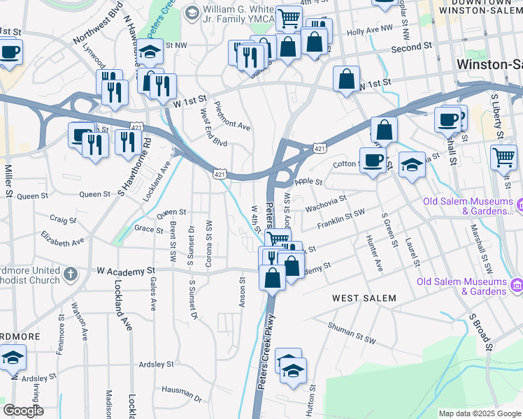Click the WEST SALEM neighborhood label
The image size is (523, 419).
tap(364, 298)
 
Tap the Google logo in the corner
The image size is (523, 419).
tap(23, 411)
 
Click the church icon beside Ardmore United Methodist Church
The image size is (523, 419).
tap(70, 274)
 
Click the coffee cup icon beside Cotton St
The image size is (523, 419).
tap(373, 159)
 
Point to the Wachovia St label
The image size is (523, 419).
tap(324, 201)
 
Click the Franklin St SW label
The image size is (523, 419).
tap(341, 216)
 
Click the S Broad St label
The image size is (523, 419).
tap(481, 332)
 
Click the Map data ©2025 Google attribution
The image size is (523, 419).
tap(480, 413)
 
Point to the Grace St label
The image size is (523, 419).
tap(148, 228)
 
